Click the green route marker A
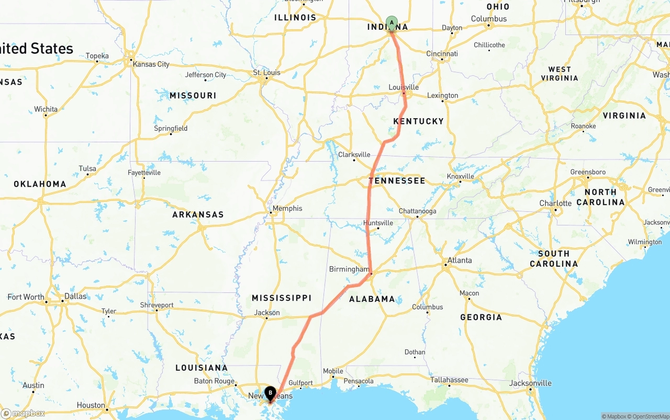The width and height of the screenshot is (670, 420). click(x=392, y=22)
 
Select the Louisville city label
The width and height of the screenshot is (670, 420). click(x=404, y=87)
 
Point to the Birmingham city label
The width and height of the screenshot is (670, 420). click(x=349, y=269)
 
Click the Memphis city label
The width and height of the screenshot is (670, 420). click(x=287, y=208)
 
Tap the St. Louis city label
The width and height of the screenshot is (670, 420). click(x=266, y=72)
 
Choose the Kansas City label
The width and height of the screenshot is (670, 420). click(x=151, y=64)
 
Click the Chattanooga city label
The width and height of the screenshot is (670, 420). click(x=417, y=211)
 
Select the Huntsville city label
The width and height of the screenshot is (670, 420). click(x=378, y=223)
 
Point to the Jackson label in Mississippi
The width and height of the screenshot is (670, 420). click(x=267, y=313)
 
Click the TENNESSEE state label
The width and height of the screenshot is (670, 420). click(x=397, y=180)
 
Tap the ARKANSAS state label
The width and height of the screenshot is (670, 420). click(x=198, y=214)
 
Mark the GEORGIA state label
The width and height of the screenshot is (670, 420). click(x=481, y=317)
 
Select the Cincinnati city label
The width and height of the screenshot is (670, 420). click(x=442, y=53)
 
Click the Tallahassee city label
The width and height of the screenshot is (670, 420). click(x=449, y=380)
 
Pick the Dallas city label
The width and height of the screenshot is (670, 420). click(x=75, y=296)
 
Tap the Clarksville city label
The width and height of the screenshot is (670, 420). click(x=354, y=155)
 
